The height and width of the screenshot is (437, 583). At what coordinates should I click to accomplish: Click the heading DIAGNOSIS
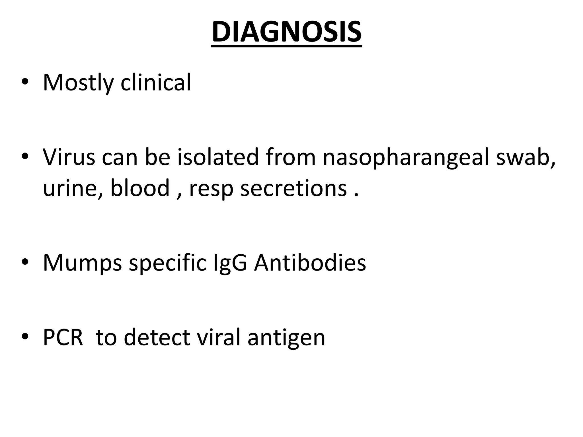[x=287, y=32]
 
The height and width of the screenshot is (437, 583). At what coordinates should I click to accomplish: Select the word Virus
[x=69, y=157]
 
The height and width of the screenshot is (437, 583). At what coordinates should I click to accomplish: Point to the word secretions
[x=293, y=188]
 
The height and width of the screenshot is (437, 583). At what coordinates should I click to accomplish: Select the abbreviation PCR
[x=63, y=337]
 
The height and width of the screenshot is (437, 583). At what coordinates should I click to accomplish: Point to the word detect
[x=157, y=337]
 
